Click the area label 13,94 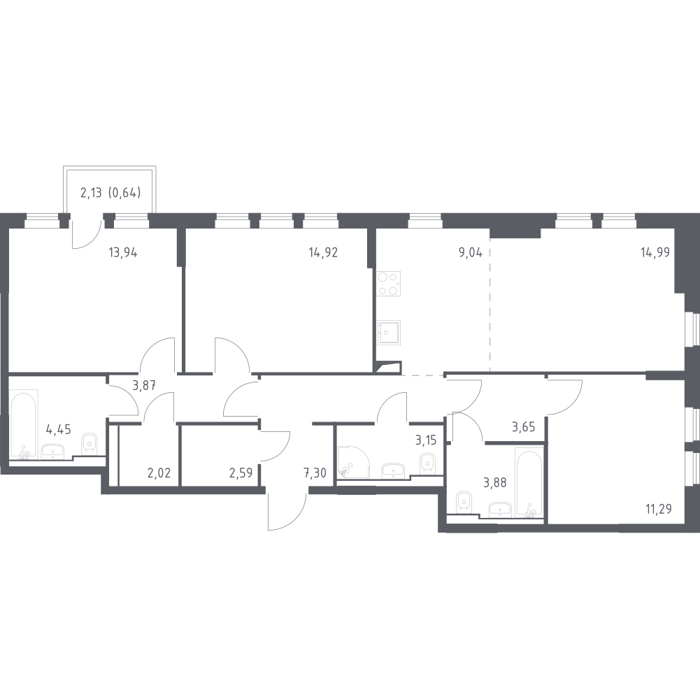pos(123,252)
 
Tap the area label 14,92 pos(323,252)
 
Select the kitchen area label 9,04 pos(471,252)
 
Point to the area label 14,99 pos(655,252)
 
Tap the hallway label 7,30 pos(315,473)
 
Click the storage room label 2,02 pos(159,473)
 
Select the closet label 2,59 pos(241,473)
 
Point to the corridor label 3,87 pos(144,385)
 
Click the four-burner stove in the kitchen pos(388,284)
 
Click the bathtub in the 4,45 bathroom pos(24,424)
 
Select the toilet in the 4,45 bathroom pos(90,442)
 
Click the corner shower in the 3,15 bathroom pos(353,462)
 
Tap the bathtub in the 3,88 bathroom pos(529,482)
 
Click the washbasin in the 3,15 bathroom pos(393,470)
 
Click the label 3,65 pos(523,427)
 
